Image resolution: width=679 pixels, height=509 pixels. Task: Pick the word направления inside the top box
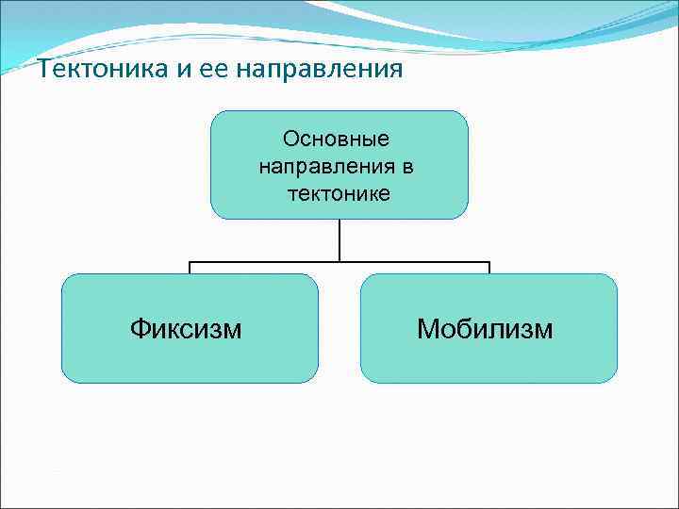click(326, 167)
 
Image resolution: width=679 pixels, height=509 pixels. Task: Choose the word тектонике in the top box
click(339, 193)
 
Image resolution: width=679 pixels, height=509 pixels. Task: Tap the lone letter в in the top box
click(407, 167)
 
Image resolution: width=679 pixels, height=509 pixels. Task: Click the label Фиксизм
click(186, 328)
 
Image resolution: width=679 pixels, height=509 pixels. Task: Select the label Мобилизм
click(486, 328)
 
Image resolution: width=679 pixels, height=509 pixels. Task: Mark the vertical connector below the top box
click(339, 239)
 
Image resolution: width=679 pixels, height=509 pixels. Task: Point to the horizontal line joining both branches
click(264, 261)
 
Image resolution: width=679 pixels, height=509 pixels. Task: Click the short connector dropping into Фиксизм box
click(190, 268)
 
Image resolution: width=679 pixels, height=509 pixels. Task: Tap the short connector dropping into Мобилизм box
click(489, 268)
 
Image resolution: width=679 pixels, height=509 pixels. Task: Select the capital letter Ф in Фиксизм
click(140, 328)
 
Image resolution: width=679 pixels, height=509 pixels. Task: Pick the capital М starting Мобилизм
click(429, 328)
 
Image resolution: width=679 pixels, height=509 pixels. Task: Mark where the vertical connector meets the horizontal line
click(339, 261)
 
